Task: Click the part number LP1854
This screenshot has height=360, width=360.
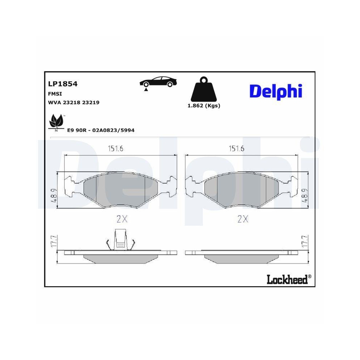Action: [x=63, y=84]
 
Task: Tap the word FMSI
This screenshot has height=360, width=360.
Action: [x=55, y=94]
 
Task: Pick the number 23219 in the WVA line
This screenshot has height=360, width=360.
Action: [x=91, y=102]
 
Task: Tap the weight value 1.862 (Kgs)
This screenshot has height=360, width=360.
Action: [x=204, y=106]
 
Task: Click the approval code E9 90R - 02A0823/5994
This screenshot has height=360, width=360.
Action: [x=101, y=130]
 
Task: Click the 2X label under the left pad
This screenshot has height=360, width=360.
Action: [x=122, y=219]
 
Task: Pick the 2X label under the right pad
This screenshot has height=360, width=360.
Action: [x=243, y=219]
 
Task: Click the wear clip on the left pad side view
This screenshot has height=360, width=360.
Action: [x=121, y=240]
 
